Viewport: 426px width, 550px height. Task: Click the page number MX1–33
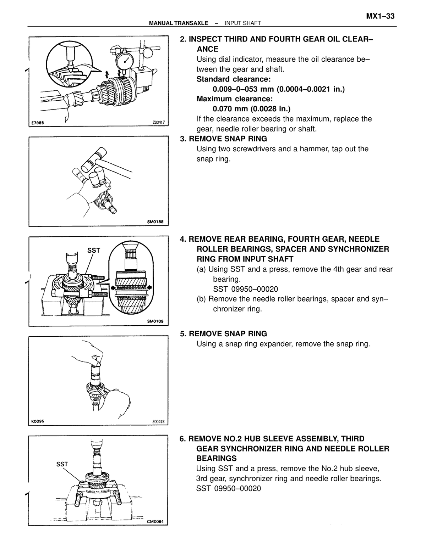click(380, 16)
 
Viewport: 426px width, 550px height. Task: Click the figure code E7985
click(38, 123)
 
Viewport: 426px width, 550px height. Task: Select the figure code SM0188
click(155, 222)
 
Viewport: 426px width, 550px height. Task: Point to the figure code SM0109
click(155, 321)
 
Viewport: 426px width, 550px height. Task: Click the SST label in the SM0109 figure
click(94, 250)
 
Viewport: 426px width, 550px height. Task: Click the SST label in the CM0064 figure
click(62, 464)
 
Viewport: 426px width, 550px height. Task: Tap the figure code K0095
click(38, 421)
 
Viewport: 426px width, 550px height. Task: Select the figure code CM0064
click(155, 521)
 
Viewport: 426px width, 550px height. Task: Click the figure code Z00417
click(159, 123)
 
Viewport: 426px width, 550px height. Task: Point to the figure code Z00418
click(158, 421)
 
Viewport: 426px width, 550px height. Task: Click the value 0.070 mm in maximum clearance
click(230, 109)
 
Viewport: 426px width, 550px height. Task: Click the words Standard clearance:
click(234, 79)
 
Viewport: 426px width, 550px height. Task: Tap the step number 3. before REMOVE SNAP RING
click(183, 139)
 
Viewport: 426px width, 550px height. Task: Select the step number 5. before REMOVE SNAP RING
click(183, 333)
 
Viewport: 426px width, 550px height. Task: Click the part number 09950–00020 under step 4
click(255, 289)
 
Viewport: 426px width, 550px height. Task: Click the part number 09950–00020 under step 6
click(238, 488)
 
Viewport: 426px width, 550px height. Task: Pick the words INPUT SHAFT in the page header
click(243, 23)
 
